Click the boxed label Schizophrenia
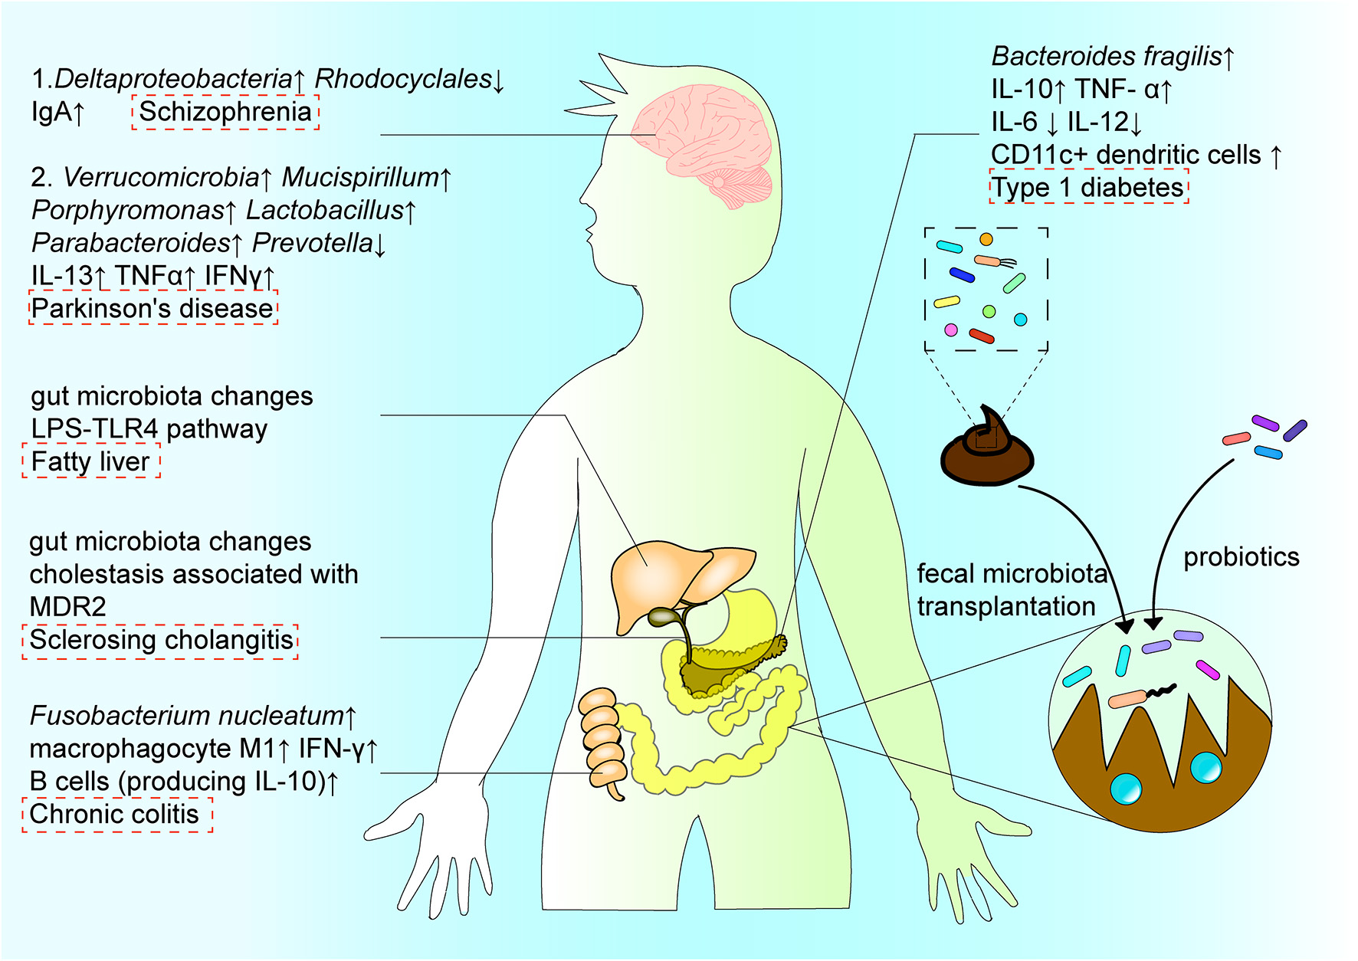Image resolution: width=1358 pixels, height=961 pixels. coord(225,112)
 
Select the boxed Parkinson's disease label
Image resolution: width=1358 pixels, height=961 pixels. coord(153,308)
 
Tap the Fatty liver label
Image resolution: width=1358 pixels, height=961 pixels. coord(90,461)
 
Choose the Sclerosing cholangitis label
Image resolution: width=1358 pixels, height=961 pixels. coord(161,640)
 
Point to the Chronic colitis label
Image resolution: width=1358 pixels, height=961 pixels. coord(115,814)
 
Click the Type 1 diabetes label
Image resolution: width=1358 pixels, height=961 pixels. coord(1088,188)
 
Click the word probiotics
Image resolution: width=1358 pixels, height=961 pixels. coord(1241,557)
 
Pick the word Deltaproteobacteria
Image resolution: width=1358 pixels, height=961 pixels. coord(173,79)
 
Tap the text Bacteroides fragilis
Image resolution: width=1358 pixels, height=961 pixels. coord(1106,56)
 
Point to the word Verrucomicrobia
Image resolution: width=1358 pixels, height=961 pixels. coord(161,178)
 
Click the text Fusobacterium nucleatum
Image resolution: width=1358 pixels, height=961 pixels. coord(186,716)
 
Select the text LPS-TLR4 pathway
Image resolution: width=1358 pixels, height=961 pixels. coord(149,429)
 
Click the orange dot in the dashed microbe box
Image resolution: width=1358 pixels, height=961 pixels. coord(986,240)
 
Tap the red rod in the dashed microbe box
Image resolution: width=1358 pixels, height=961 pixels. coord(982,336)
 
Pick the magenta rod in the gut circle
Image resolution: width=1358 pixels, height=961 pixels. coord(1208,670)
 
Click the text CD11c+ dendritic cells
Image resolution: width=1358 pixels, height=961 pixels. coord(1126,155)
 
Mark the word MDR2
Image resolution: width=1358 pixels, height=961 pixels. coord(67,607)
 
